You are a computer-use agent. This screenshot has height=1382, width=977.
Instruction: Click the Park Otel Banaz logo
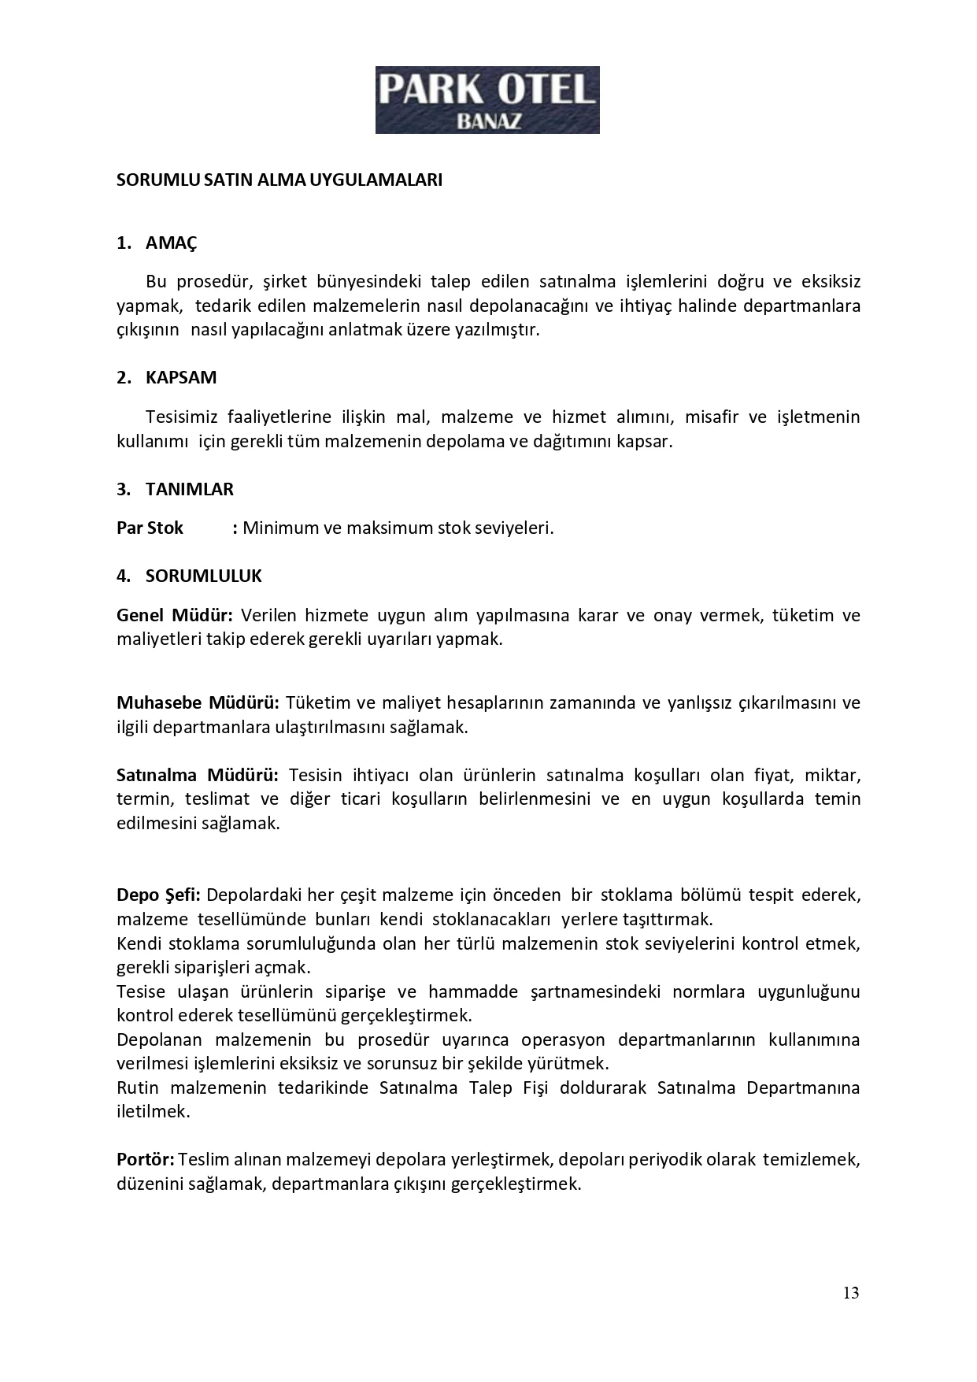coord(487,99)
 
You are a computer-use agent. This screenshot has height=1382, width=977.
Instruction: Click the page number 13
coord(850,1293)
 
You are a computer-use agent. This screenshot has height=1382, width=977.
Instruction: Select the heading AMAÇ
coord(171,243)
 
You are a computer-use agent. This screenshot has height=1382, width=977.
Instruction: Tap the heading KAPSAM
coord(180,377)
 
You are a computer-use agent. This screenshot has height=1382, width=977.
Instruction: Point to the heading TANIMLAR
coord(189,489)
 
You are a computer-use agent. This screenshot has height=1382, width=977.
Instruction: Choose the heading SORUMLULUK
coord(203,576)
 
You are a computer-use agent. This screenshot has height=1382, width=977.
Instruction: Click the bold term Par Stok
coord(150,528)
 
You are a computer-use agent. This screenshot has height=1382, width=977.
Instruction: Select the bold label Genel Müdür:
coord(174,615)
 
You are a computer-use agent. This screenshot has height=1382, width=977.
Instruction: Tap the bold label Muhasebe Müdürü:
coord(198,702)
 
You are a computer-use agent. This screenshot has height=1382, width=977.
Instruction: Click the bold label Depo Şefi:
coord(158,895)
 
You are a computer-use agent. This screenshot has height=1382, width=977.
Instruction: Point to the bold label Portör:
coord(146,1159)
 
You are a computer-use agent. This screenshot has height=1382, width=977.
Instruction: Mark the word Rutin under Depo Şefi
coord(138,1087)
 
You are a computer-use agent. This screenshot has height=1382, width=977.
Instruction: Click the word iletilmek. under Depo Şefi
coord(153,1112)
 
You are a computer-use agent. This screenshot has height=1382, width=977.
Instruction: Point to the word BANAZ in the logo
coord(487,121)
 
